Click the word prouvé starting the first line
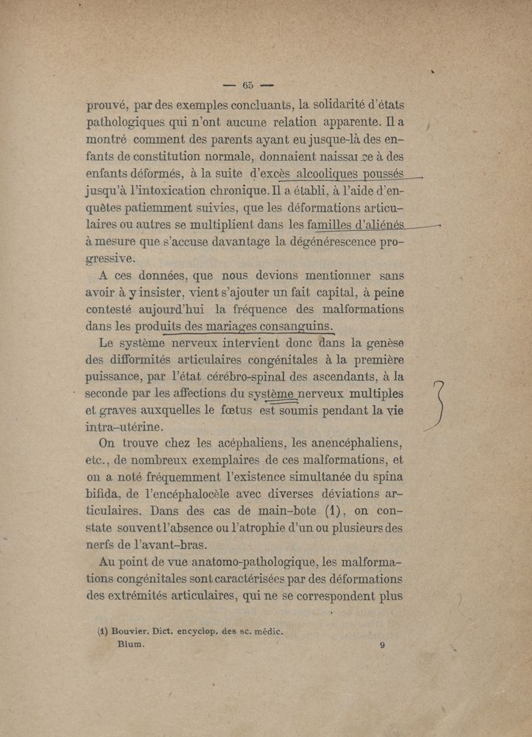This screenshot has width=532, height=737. tap(113, 104)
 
